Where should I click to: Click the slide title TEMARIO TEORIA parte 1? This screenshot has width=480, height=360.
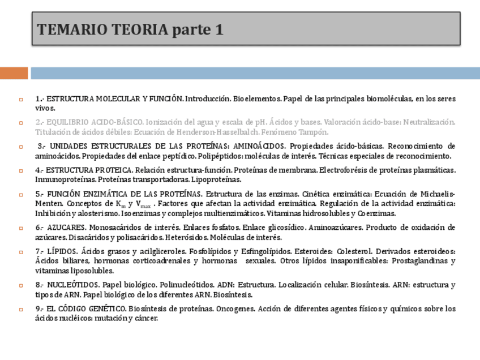(x=130, y=30)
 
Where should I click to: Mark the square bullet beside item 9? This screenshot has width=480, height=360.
(x=21, y=310)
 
